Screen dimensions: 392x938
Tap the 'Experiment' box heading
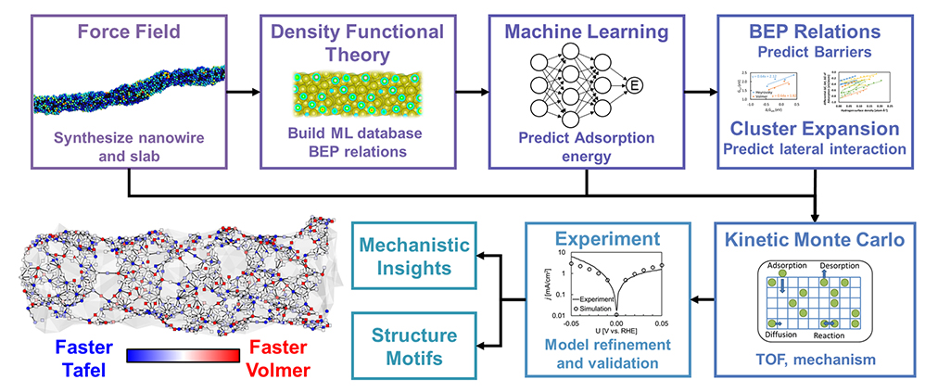click(609, 239)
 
